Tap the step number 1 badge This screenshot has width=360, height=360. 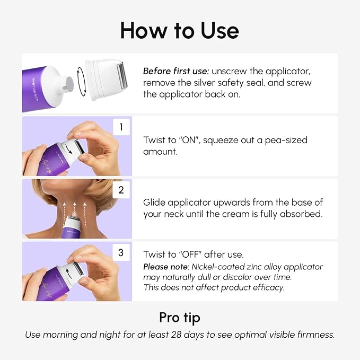121,127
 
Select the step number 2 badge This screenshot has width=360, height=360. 121,190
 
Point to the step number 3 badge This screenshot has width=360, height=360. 121,252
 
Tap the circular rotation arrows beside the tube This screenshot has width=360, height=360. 79,83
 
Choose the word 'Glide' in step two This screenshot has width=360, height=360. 155,203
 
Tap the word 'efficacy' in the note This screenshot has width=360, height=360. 267,287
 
